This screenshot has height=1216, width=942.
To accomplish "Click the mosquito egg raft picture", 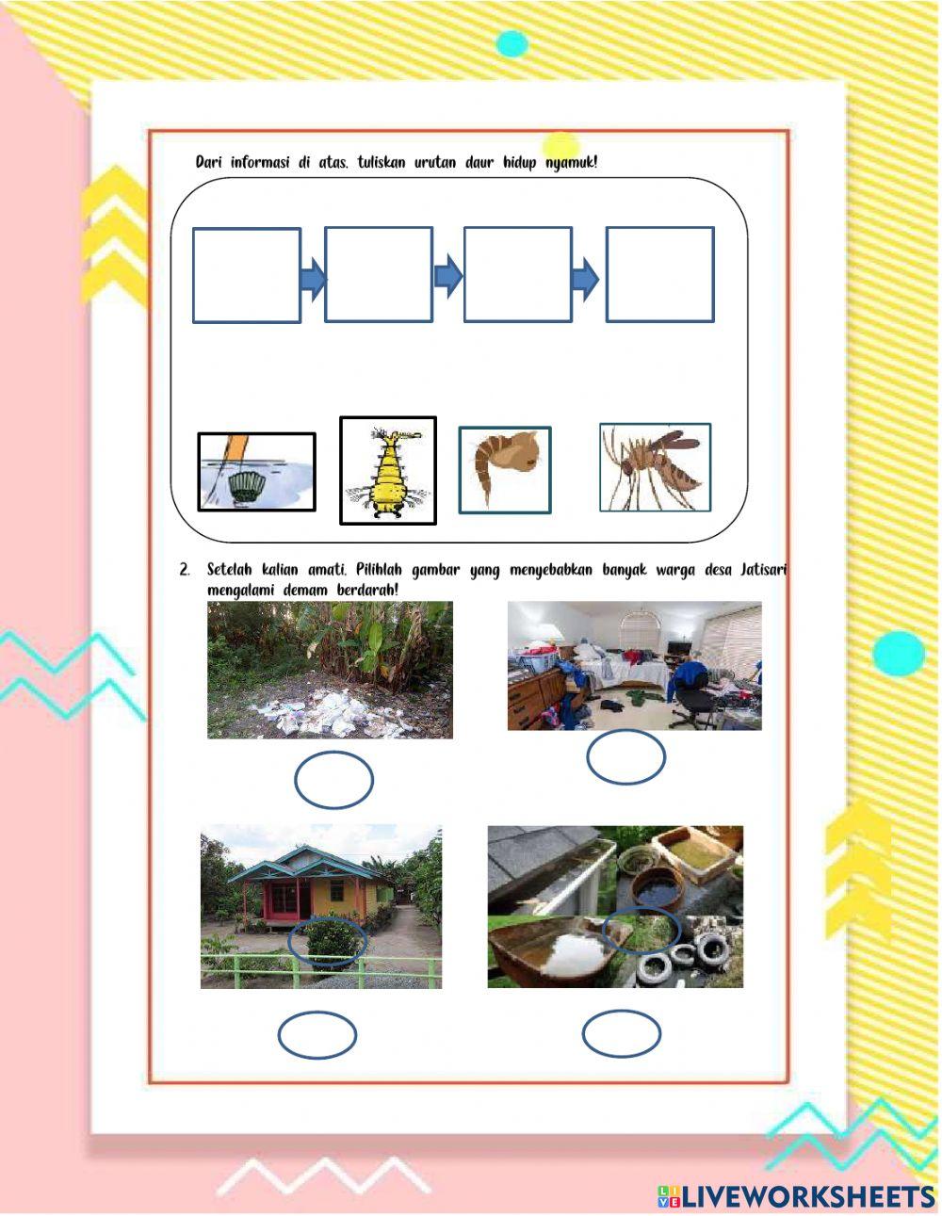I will point(256,472).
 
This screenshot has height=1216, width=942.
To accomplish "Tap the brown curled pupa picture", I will point(505,470).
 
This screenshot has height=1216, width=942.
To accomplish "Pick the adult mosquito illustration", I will point(656,467).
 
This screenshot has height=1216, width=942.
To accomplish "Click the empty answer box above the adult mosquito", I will point(659,274).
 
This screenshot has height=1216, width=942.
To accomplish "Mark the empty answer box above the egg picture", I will point(247,275).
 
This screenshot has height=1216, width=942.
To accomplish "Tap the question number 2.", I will point(185,571).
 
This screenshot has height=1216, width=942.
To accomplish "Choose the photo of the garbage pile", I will point(330,670).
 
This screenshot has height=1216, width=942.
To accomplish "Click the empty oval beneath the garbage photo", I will point(333,780).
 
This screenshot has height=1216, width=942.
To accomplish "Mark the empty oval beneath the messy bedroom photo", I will point(625,757).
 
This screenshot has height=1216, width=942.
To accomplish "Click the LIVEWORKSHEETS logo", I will point(796,1195).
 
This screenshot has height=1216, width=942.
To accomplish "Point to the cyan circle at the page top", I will point(512,42).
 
